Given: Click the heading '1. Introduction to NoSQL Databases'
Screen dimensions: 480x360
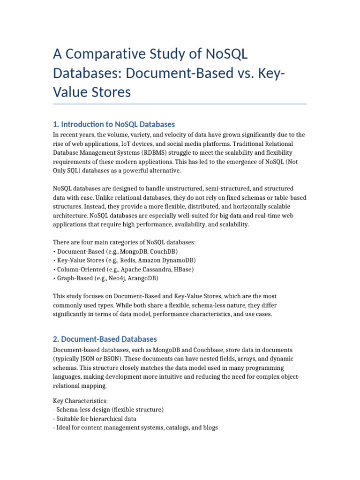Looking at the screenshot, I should [114, 124].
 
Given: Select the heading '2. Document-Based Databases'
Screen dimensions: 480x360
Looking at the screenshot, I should [105, 339].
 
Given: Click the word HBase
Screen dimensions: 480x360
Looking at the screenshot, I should [183, 269].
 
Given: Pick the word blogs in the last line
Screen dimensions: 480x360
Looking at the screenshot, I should [210, 427].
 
